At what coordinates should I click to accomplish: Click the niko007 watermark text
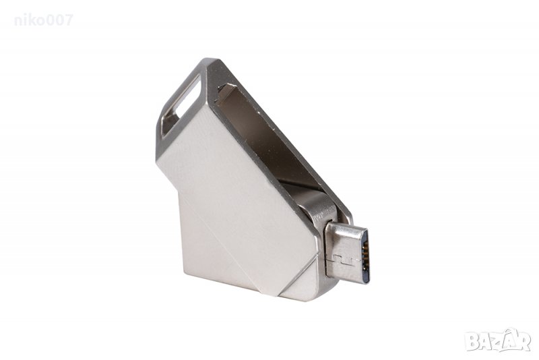tap(44, 20)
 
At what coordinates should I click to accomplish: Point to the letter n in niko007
tap(18, 22)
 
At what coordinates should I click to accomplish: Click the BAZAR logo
tap(498, 340)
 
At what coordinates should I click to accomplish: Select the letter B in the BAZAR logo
tap(472, 341)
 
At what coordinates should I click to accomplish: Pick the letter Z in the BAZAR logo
tap(498, 342)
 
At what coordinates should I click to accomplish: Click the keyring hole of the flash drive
tap(180, 105)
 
